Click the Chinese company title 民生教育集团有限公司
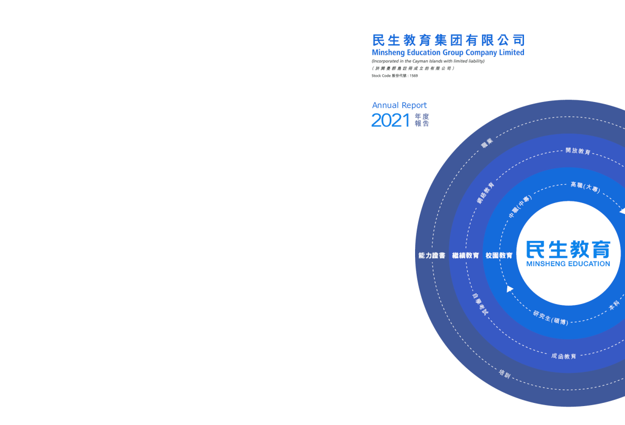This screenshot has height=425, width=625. pos(448,41)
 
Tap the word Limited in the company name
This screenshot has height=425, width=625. pos(512,52)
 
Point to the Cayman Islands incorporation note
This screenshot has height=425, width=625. pos(428,61)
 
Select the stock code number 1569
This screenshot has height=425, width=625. pos(414,76)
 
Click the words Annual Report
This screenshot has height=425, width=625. pos(399,105)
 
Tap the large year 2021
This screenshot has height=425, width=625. pos(390,120)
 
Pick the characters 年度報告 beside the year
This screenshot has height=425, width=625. pos(422,120)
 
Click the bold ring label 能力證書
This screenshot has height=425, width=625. pos(432,256)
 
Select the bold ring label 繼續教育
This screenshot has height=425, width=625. pos(466,256)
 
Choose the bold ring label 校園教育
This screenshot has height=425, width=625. pos(499,256)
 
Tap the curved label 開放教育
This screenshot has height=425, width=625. pos(578,151)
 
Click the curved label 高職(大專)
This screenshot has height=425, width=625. pos(585,187)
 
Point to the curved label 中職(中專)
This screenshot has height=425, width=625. pos(520,207)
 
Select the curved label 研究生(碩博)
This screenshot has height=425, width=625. pos(551,318)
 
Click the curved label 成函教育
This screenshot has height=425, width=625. pos(563,356)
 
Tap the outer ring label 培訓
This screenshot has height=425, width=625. pos(505,373)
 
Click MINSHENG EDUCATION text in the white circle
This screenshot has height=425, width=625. pos(568,264)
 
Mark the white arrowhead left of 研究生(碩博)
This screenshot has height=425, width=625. pos(509,289)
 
